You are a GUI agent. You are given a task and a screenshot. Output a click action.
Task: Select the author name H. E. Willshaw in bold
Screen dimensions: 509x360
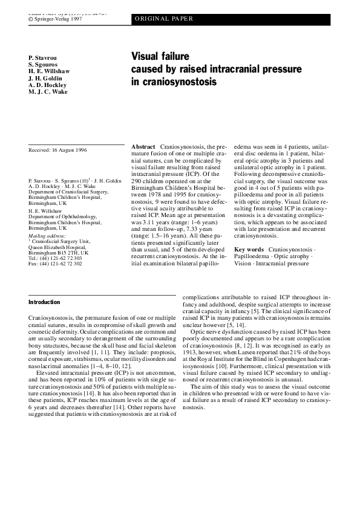click(49, 71)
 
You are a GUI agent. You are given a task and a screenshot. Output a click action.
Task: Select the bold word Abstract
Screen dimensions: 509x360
click(143, 147)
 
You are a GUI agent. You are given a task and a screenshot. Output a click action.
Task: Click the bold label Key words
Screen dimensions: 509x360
click(249, 249)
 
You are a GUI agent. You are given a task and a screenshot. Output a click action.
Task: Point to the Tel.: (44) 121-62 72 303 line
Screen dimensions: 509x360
click(55, 258)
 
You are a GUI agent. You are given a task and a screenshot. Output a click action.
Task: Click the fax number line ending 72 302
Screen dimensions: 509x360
click(55, 264)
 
